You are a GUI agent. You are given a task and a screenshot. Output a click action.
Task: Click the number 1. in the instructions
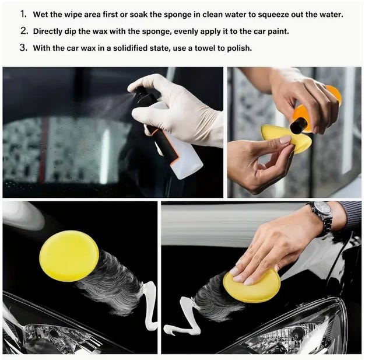tap(23, 14)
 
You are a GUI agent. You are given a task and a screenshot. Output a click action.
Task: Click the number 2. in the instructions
tap(24, 31)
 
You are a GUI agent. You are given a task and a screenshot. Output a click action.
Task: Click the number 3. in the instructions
tap(23, 47)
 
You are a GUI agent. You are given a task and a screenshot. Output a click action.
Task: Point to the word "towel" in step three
tap(205, 48)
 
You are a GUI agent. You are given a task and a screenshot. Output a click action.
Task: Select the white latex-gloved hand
tap(177, 110)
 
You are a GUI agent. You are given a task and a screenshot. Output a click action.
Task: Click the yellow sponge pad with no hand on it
tap(69, 256)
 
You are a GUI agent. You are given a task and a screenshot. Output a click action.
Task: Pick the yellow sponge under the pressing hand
tap(252, 286)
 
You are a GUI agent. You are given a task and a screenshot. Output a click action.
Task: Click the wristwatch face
tap(321, 209)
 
